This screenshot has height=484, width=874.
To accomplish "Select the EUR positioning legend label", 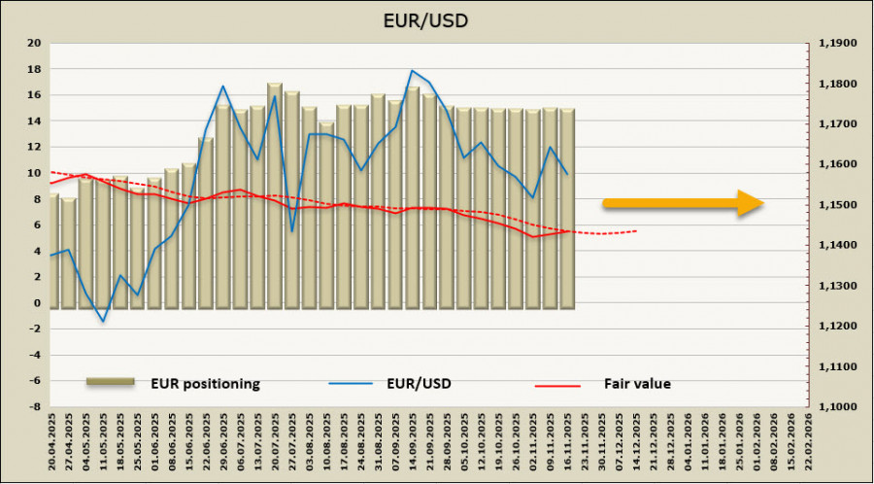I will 204,383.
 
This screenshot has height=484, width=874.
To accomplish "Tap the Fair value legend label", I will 637,384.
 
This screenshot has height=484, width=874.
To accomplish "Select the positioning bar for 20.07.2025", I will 275,194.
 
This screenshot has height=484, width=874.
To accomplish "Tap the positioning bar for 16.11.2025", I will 567,209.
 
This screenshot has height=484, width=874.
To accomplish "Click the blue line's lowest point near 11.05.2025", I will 103,322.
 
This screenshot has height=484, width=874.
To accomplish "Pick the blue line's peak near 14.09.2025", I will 412,71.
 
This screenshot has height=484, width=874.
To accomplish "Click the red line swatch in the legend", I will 556,385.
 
